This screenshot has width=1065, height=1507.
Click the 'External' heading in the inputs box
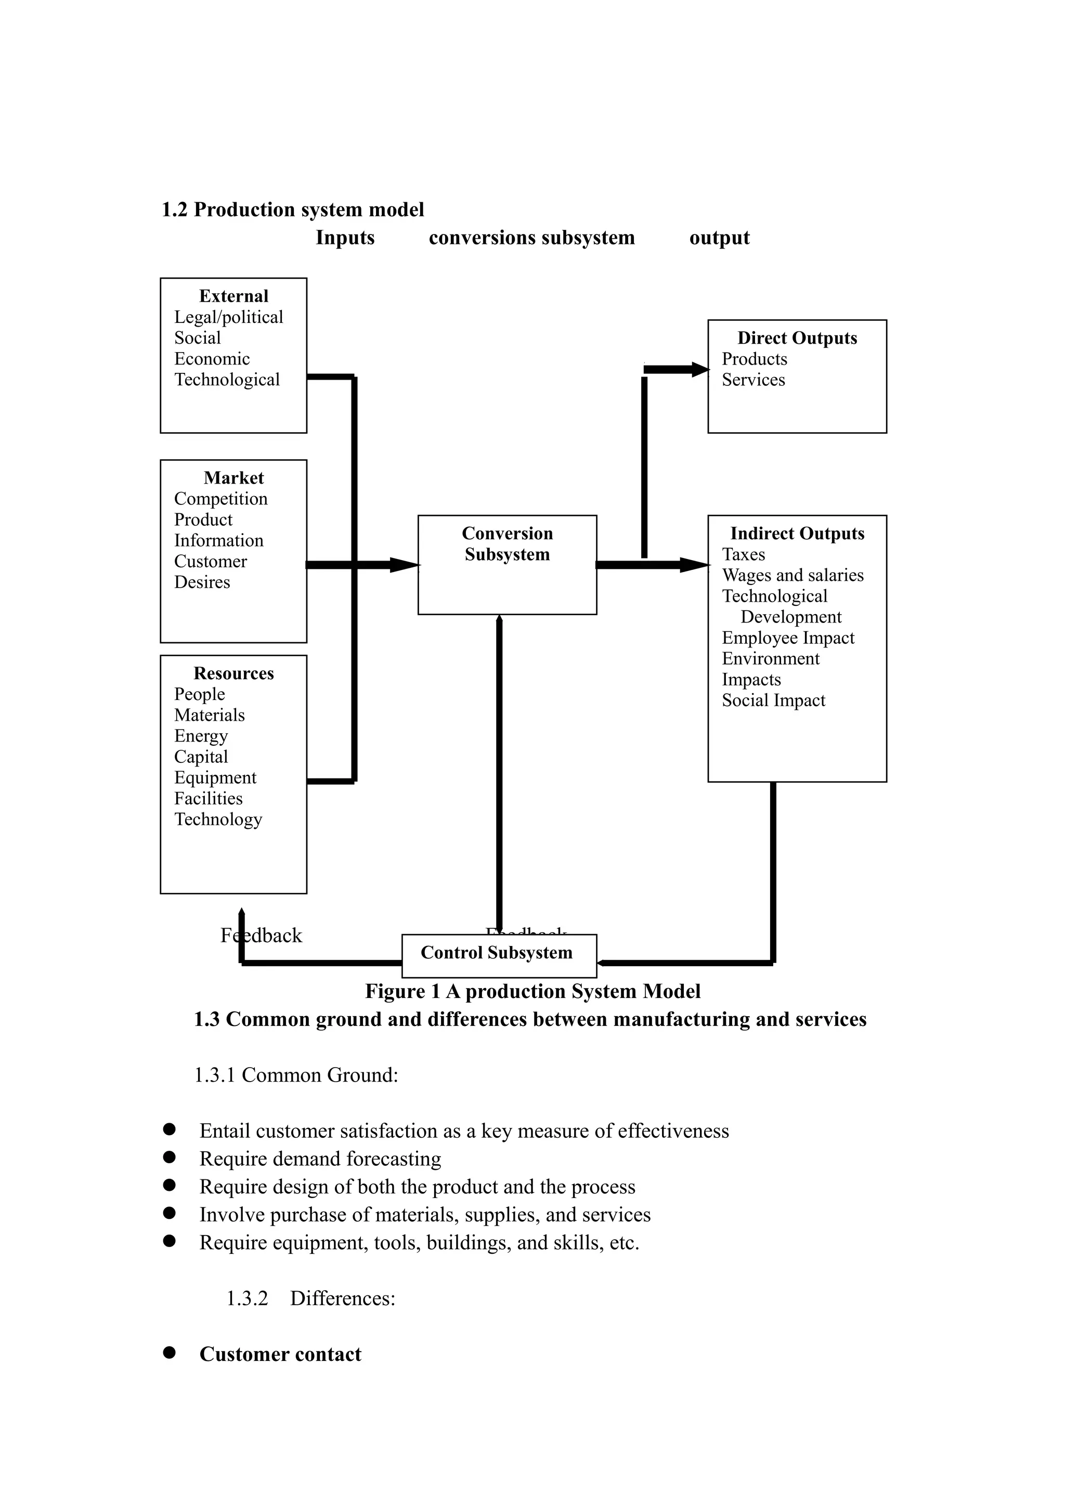point(233,296)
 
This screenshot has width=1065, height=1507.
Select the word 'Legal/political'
point(228,317)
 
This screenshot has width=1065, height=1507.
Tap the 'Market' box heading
point(233,478)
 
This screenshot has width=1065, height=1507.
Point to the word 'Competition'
point(220,499)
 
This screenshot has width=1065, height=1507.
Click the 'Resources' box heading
point(233,673)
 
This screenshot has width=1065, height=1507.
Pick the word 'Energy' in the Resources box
point(201,736)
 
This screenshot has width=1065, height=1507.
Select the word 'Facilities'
point(208,798)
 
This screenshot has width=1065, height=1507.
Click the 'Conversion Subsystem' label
point(507,543)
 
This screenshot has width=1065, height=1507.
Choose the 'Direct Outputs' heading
point(797,338)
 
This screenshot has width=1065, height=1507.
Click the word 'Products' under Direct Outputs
point(755,359)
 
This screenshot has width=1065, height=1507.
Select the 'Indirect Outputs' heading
point(797,534)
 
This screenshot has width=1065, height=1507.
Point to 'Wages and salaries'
point(793,575)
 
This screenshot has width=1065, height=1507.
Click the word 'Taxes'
point(744,555)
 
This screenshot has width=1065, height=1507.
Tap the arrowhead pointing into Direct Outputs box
point(699,370)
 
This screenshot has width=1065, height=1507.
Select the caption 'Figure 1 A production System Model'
point(533,991)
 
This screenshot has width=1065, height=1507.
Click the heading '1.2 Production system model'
point(293,210)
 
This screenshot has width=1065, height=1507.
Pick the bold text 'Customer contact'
point(280,1354)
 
